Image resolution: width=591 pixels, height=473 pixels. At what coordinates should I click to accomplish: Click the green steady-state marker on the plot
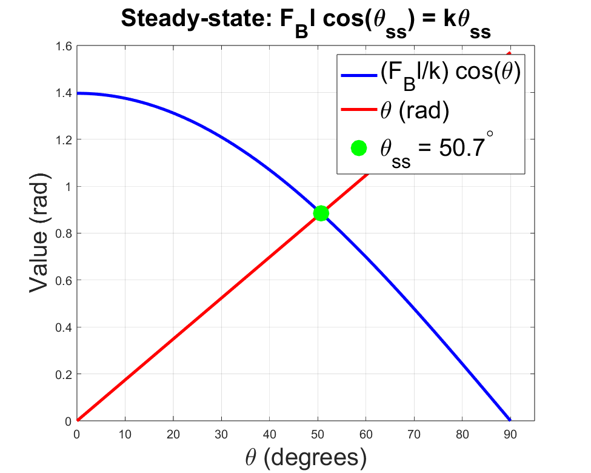pos(321,213)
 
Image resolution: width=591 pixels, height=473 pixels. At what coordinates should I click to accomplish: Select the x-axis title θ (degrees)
pos(306,457)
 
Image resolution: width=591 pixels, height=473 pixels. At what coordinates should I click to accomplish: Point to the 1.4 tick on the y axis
pos(64,93)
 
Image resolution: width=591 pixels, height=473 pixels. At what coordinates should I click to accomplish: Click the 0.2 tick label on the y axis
pos(64,374)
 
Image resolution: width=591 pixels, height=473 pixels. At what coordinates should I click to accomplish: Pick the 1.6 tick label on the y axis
pos(64,46)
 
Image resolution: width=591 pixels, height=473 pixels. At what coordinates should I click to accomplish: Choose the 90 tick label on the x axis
pos(510,434)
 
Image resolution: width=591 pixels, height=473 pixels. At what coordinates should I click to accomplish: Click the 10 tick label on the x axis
pos(125,434)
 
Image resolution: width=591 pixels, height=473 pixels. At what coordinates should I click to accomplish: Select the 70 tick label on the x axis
pos(414,434)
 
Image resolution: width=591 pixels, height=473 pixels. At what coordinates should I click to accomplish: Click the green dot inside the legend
pos(359,148)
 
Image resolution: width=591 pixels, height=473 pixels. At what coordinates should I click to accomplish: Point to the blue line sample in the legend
pos(359,76)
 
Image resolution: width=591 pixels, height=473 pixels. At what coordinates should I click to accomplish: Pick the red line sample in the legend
pos(359,112)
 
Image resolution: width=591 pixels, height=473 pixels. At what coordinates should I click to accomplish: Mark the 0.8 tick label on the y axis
pos(64,233)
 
